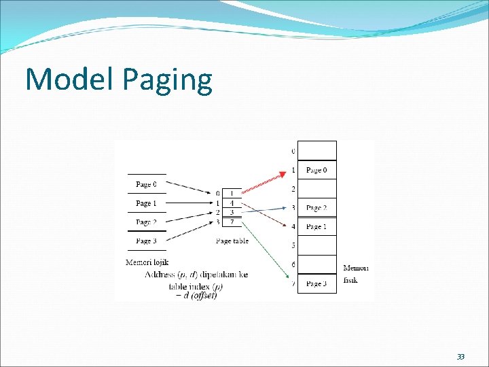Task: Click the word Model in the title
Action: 71,80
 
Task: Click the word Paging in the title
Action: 168,81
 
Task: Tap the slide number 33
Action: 460,357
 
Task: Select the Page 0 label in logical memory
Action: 146,184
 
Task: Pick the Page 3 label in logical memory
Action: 146,241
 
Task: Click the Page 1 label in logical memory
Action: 146,203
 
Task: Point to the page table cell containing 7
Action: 232,222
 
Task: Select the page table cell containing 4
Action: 232,203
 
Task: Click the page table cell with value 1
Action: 232,194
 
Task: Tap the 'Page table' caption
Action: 232,241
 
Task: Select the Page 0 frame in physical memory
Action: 317,170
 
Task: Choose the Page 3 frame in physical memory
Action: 317,283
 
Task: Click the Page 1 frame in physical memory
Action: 317,226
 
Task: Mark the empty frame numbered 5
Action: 317,245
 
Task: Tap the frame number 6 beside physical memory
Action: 293,264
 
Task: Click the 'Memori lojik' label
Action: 147,262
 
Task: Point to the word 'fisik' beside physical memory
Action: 351,279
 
